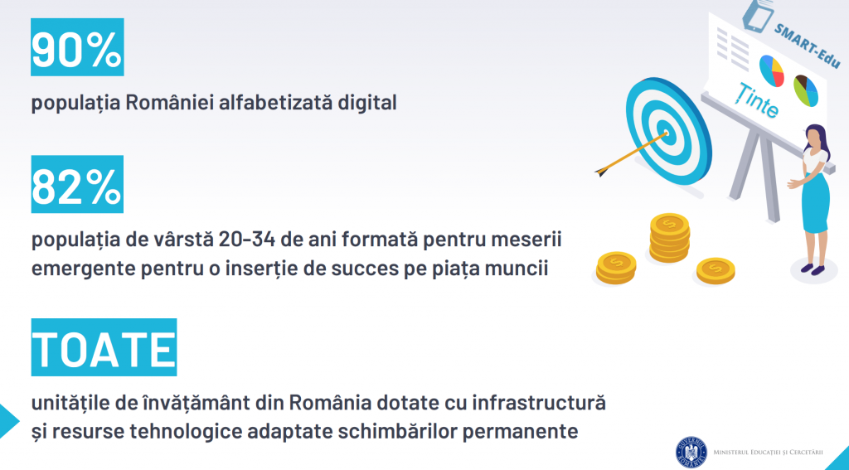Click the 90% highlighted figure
[77, 47]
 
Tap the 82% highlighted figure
[77, 184]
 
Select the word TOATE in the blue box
[104, 347]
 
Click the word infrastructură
[539, 402]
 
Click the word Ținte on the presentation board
[757, 100]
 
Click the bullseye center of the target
[666, 132]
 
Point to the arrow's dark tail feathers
[602, 172]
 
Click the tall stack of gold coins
[670, 238]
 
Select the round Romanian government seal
[691, 452]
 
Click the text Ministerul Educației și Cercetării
[769, 452]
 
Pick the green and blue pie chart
[806, 90]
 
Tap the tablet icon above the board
[757, 15]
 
